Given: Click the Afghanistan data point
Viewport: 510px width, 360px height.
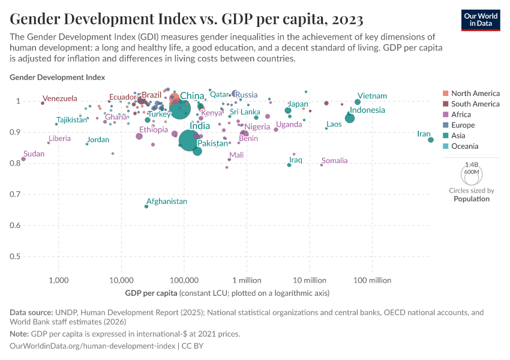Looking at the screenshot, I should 146,206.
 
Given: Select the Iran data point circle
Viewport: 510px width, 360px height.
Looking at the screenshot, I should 431,140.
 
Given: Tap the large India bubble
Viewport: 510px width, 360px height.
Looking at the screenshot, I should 189,140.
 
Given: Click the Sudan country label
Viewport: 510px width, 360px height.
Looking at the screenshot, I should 34,154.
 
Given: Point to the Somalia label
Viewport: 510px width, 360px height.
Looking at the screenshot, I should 334,161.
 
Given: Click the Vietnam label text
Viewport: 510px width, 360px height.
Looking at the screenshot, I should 372,96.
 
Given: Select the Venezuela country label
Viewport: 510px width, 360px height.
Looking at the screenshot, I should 60,98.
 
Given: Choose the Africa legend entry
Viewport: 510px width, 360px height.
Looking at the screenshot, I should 462,115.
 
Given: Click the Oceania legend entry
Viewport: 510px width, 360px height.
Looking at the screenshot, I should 465,146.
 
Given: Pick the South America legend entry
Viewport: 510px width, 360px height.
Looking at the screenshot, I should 475,104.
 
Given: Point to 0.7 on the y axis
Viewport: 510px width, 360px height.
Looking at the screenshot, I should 16,194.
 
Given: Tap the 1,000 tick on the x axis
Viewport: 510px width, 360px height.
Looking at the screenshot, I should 59,280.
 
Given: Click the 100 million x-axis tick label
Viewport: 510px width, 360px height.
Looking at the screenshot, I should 372,280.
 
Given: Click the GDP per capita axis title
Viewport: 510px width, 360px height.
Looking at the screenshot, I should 151,293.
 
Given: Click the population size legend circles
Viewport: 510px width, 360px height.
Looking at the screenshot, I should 472,174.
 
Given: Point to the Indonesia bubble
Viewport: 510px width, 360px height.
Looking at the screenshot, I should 350,118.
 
